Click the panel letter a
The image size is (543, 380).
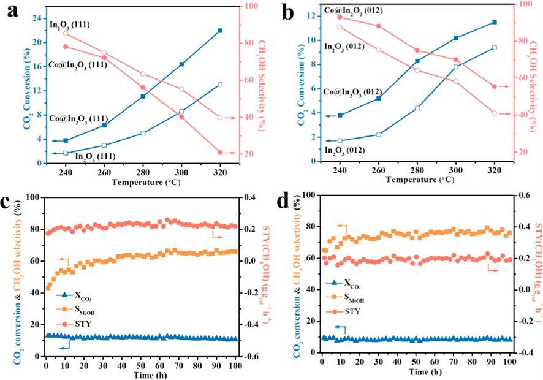pyautogui.click(x=13, y=12)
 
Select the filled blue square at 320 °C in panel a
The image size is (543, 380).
pyautogui.click(x=220, y=30)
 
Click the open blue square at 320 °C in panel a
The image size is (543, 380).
pyautogui.click(x=220, y=84)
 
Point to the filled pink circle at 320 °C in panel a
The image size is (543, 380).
pyautogui.click(x=220, y=152)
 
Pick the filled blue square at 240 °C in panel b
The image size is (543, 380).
pyautogui.click(x=340, y=115)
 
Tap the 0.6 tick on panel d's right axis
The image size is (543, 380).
pyautogui.click(x=525, y=196)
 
